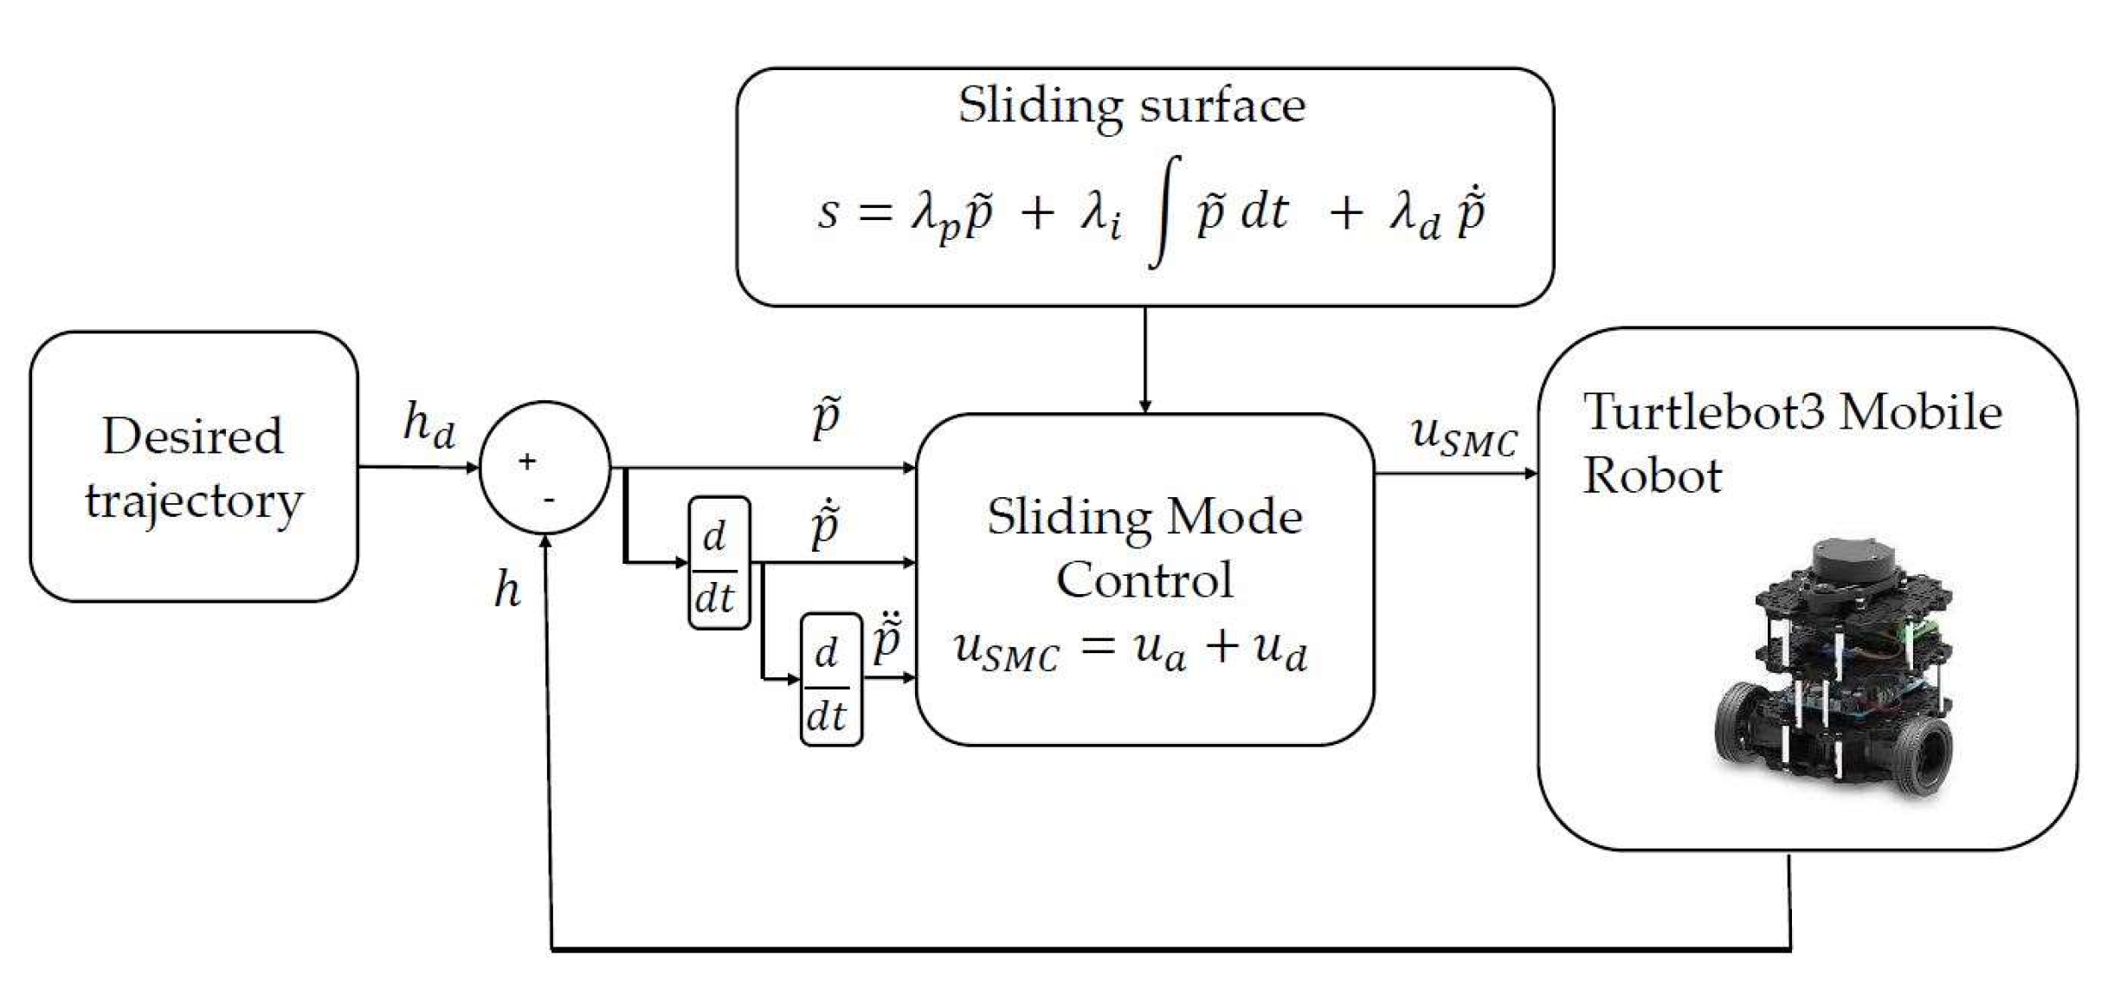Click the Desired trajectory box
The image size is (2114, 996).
coord(193,467)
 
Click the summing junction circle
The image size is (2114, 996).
coord(545,468)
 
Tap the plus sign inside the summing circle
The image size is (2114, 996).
coord(527,462)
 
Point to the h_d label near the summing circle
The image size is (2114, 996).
coord(429,425)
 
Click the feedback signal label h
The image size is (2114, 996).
coord(507,592)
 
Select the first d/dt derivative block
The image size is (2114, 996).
coord(718,563)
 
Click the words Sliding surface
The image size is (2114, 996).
coord(1131,107)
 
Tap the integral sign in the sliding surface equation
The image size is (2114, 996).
coord(1165,212)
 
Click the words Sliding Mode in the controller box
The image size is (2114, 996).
coord(1144,517)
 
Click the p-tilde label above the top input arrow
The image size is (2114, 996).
coord(827,417)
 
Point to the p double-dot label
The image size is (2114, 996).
coord(887,639)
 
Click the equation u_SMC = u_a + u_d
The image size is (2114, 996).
coord(1131,650)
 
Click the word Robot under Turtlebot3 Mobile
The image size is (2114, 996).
coord(1652,475)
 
